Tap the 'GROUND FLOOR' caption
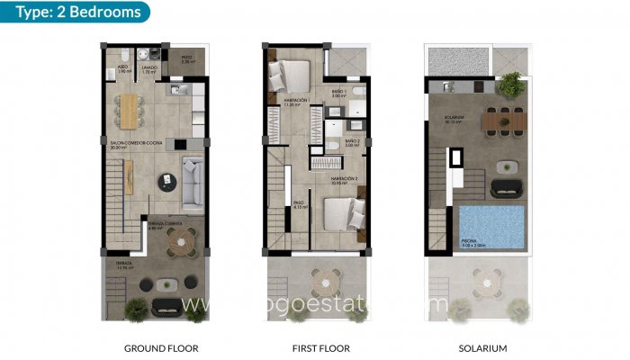[x=161, y=347]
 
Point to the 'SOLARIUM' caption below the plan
[x=482, y=347]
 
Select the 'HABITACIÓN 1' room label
[x=296, y=101]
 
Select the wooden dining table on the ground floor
[x=133, y=109]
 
